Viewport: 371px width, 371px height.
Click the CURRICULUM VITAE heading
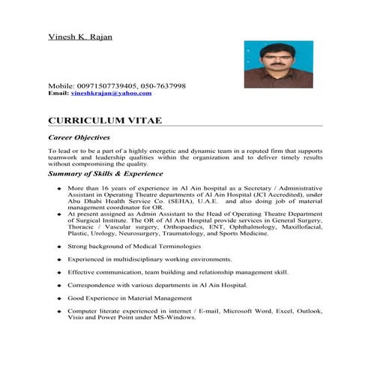(103, 120)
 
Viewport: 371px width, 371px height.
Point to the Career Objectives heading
(79, 137)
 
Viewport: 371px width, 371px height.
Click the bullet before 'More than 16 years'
(58, 189)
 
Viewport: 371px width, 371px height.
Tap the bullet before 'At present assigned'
(58, 214)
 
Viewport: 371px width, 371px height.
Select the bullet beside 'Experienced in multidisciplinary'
(58, 259)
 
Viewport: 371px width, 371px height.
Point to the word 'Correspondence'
(91, 286)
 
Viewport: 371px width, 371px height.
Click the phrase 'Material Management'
(160, 298)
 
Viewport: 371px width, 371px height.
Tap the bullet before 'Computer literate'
(58, 311)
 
